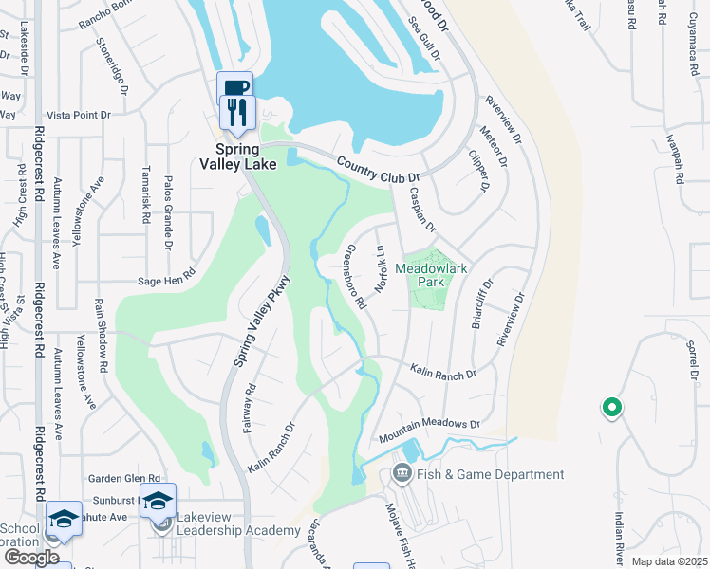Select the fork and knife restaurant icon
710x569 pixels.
[234, 112]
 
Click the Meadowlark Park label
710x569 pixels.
[434, 275]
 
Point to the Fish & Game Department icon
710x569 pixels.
[402, 472]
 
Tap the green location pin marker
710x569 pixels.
[612, 409]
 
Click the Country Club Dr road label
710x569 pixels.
[378, 171]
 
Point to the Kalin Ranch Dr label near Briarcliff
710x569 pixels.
[443, 373]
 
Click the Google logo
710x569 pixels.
[31, 557]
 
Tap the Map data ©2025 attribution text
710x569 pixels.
[670, 561]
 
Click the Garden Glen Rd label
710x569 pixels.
[124, 479]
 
